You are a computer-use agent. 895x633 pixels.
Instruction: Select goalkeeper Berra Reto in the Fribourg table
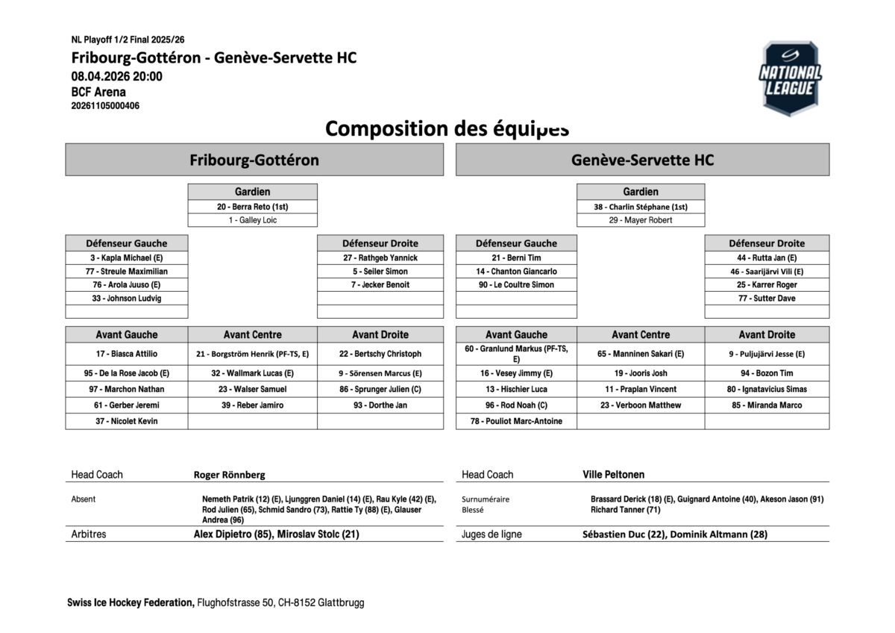tap(252, 207)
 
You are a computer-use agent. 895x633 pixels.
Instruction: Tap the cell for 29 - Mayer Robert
tap(640, 220)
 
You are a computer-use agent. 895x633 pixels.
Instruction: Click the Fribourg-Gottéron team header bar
tap(254, 160)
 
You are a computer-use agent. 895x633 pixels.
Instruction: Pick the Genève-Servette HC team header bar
tap(642, 160)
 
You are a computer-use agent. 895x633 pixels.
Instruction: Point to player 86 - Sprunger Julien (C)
tap(380, 389)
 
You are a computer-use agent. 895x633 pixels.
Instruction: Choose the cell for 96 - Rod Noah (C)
tap(516, 405)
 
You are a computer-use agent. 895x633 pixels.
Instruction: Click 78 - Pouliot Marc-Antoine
tap(516, 421)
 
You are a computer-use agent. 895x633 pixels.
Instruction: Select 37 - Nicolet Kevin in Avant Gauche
tap(126, 421)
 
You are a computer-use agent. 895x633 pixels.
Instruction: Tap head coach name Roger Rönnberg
tap(229, 475)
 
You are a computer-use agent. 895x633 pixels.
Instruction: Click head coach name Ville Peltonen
tap(613, 475)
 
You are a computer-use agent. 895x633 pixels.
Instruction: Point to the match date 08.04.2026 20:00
tap(116, 76)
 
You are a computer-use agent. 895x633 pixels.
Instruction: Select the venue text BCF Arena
tap(98, 93)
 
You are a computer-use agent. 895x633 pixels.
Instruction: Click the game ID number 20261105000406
tap(105, 106)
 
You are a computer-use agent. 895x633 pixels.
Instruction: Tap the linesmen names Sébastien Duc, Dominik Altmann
tap(675, 534)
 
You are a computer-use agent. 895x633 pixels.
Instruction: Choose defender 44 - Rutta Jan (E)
tap(767, 258)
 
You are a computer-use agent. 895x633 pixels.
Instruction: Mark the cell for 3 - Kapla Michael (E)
tap(126, 258)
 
